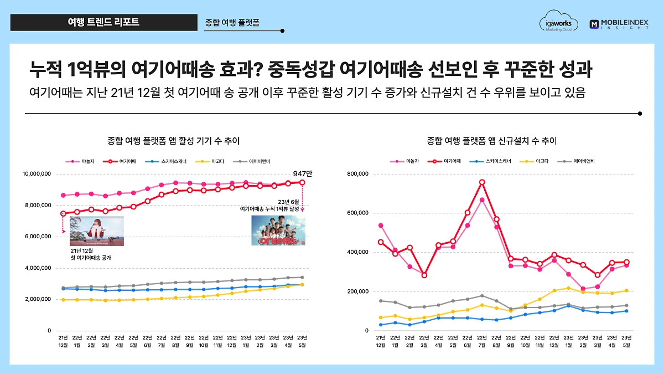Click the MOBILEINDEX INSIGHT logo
(619, 24)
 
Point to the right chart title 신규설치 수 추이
(492, 141)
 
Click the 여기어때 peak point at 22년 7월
(482, 182)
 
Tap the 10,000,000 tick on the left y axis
(37, 174)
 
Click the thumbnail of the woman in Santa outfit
(96, 231)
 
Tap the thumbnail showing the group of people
(278, 230)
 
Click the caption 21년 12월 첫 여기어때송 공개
(91, 254)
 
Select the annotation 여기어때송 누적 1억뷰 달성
(269, 209)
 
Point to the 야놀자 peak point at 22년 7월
(482, 200)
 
